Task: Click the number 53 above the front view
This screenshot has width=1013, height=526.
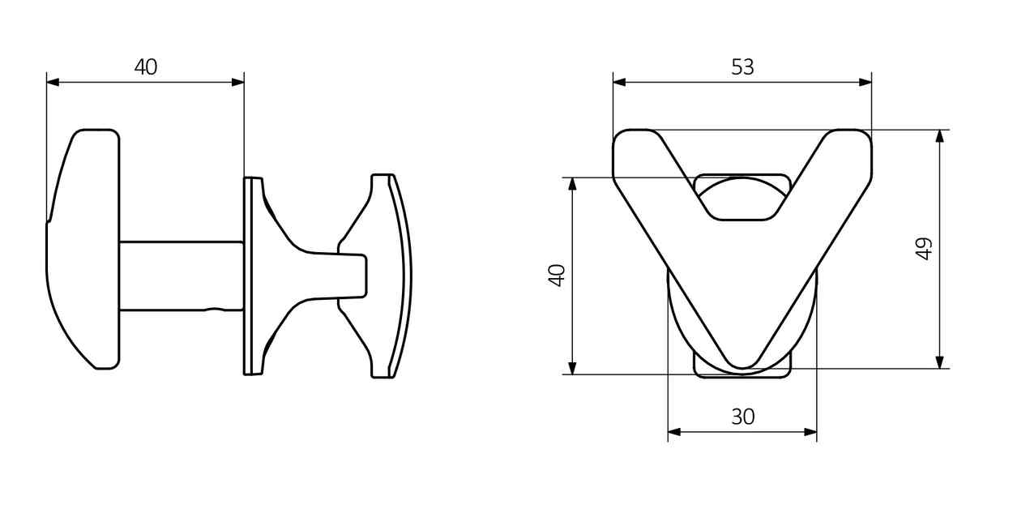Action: point(742,67)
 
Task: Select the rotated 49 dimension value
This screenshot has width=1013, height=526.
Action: point(924,249)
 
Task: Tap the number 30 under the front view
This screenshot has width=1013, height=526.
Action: point(743,417)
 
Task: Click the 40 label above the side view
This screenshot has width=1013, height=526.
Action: point(146,67)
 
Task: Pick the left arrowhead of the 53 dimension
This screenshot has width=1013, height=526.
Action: point(619,83)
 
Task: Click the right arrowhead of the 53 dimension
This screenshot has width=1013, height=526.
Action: point(866,83)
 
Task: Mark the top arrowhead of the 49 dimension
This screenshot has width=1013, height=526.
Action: point(940,136)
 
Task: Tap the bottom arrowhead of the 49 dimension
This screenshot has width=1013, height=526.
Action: point(940,362)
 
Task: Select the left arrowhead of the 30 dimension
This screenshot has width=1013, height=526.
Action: point(674,432)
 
